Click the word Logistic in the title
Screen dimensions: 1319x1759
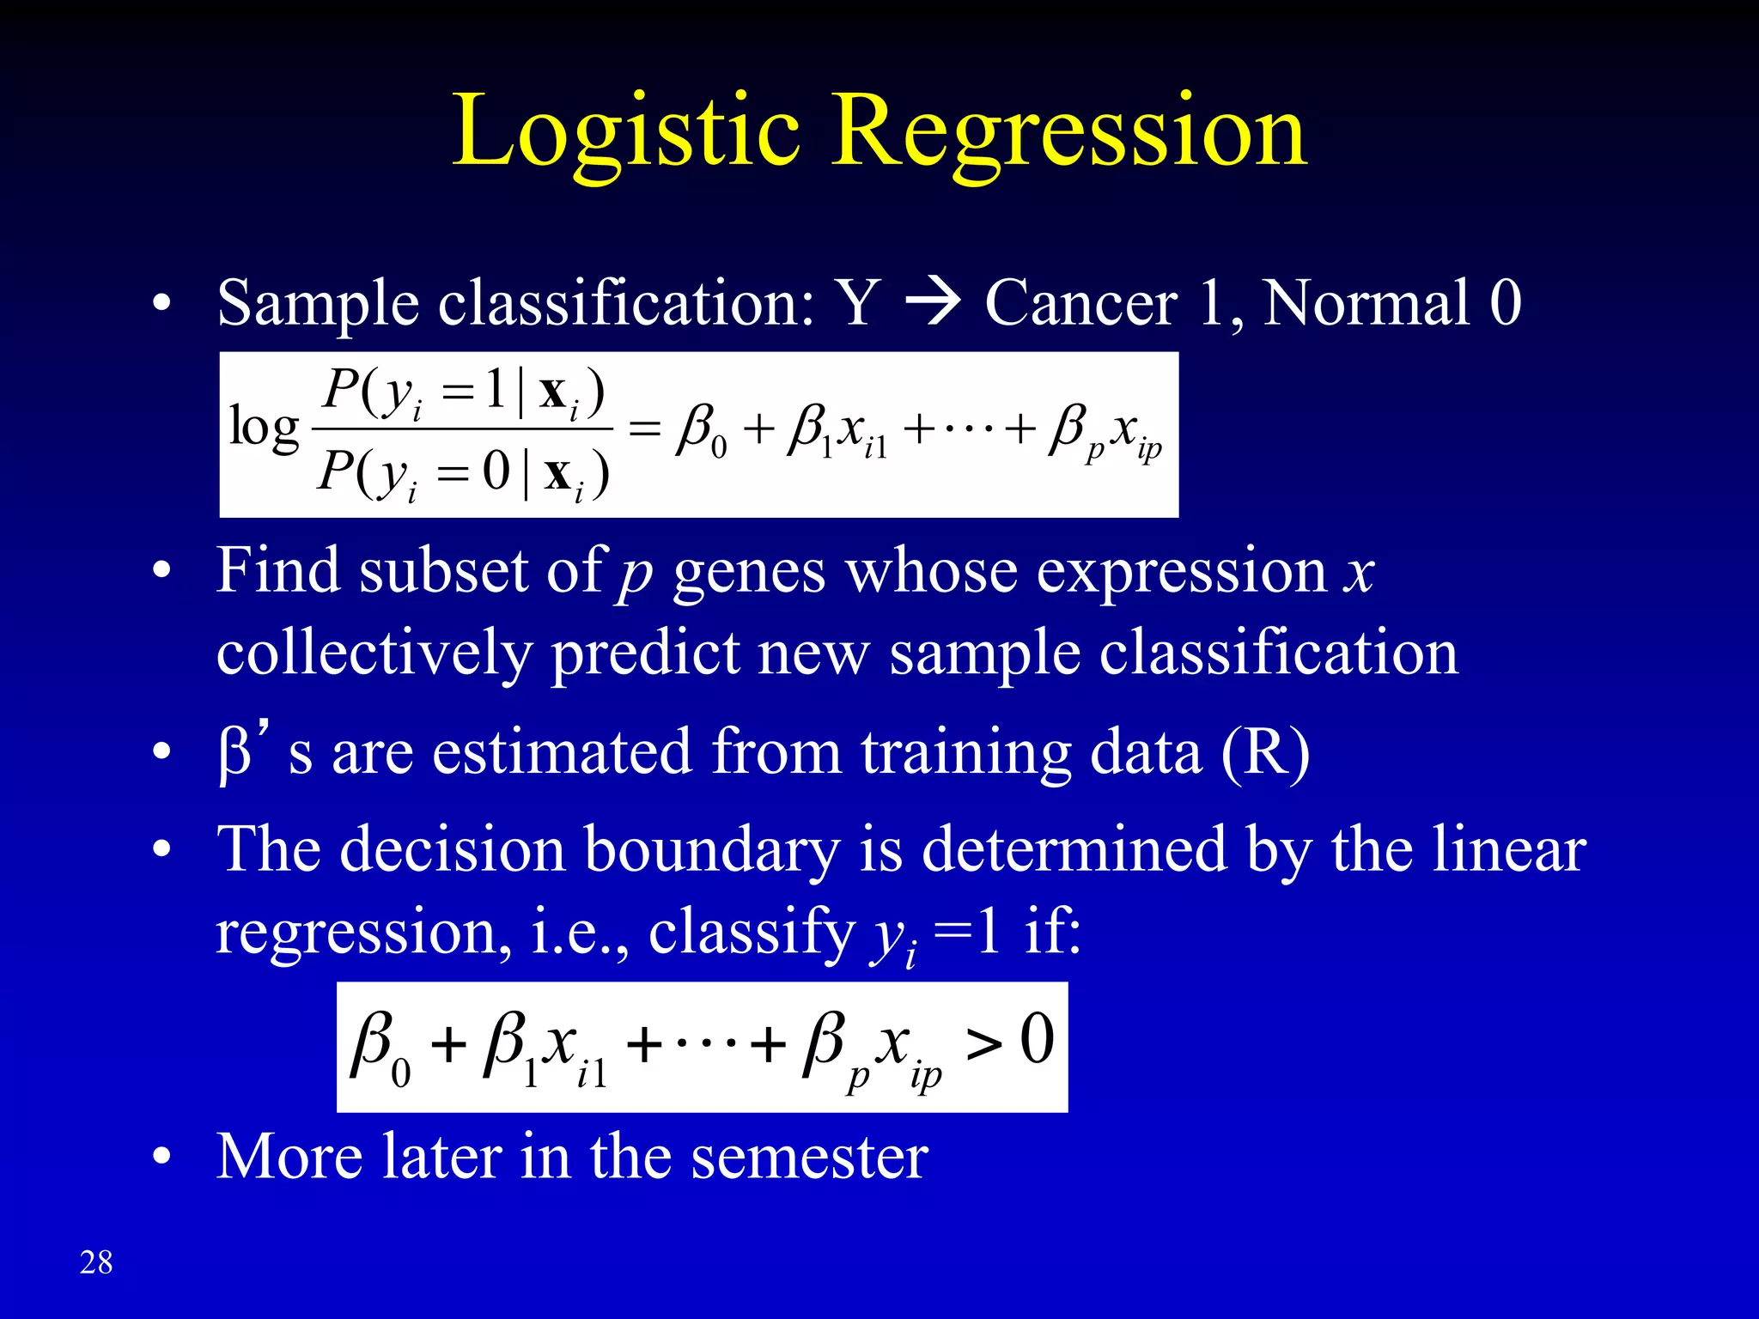coord(626,133)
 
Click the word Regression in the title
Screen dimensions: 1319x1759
coord(1069,133)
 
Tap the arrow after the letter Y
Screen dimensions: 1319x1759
coord(933,303)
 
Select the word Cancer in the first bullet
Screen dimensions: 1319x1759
coord(1080,303)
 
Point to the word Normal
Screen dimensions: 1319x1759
coord(1366,303)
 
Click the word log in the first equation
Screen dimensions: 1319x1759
coord(264,428)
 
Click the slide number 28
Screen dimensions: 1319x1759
coord(96,1262)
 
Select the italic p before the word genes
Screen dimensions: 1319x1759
coord(635,574)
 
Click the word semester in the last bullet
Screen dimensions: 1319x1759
coord(810,1157)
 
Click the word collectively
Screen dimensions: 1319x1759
coord(374,653)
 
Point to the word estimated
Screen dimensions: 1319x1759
coord(562,752)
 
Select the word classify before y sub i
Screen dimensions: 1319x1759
coord(752,932)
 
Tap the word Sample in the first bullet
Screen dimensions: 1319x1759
coord(317,303)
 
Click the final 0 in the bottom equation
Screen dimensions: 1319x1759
coord(1037,1039)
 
